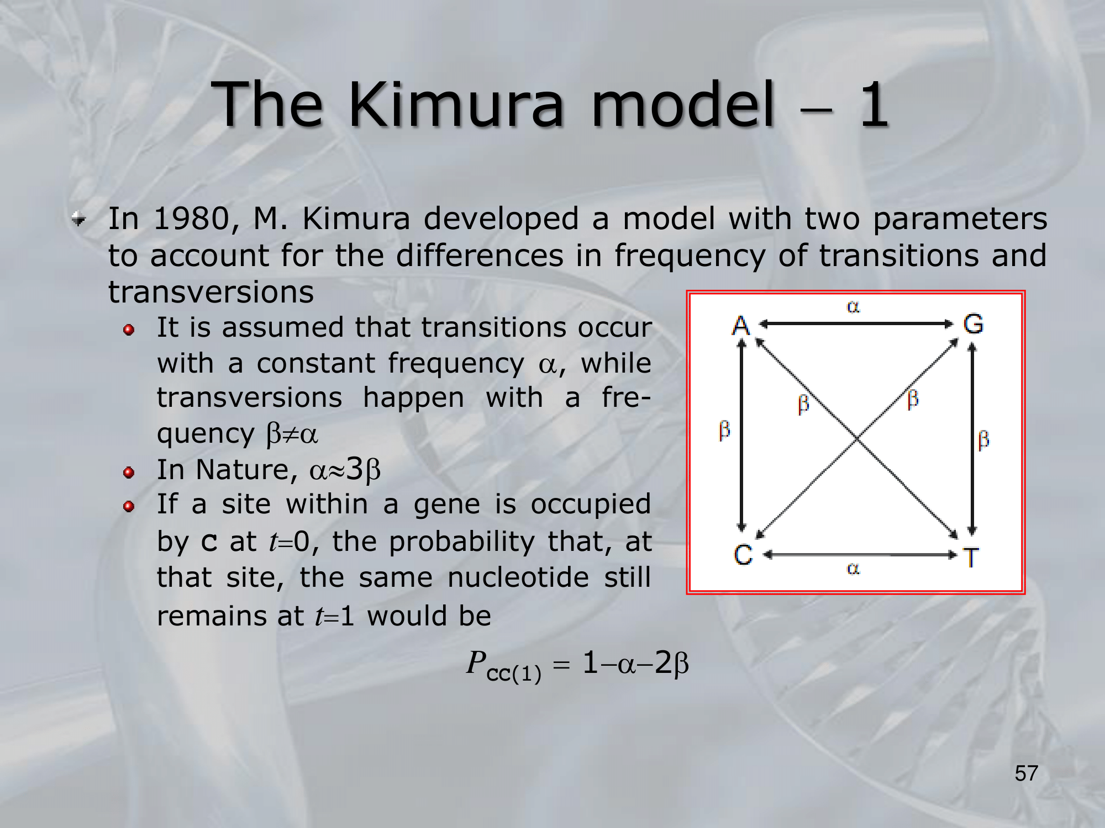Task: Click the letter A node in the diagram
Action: coord(741,325)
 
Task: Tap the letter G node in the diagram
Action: coord(974,324)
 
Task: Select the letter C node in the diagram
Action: coord(743,555)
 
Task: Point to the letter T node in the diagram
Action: coord(971,558)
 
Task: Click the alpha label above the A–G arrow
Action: coord(853,306)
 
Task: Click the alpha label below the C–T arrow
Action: coord(853,569)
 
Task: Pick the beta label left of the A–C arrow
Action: coord(724,430)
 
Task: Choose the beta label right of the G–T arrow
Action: coord(983,440)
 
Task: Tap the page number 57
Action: coord(1027,773)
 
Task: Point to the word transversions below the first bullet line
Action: coord(211,292)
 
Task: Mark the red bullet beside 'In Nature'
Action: coord(129,473)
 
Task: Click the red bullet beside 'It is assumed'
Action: coord(129,330)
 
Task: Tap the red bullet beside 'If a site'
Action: coord(129,506)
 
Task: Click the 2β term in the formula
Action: coord(672,663)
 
